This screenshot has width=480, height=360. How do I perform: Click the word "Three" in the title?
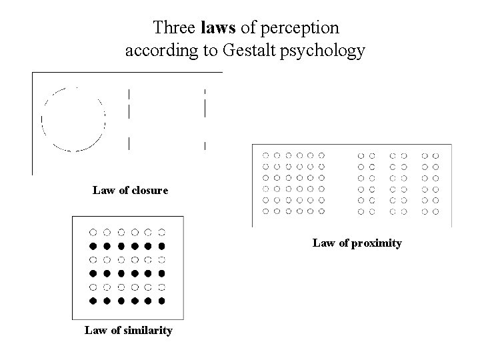click(x=175, y=28)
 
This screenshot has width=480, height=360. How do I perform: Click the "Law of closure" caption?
click(x=131, y=191)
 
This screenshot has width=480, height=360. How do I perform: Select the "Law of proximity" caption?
click(x=357, y=243)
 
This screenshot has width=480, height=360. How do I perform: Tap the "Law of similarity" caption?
click(x=129, y=330)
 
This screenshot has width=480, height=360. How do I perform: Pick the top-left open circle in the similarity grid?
click(x=93, y=232)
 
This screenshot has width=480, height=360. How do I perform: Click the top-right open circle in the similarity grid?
click(x=162, y=232)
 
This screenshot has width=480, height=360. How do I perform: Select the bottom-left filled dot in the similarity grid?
click(x=93, y=301)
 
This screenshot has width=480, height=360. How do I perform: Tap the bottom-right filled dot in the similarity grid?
click(x=162, y=301)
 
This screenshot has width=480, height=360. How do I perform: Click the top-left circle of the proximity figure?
click(x=267, y=155)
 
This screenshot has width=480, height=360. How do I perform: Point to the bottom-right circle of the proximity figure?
click(x=435, y=211)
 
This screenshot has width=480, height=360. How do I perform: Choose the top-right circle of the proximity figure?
click(x=435, y=155)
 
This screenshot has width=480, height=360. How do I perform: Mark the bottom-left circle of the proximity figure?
click(x=267, y=211)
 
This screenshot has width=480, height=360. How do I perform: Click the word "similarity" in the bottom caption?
click(x=147, y=330)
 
